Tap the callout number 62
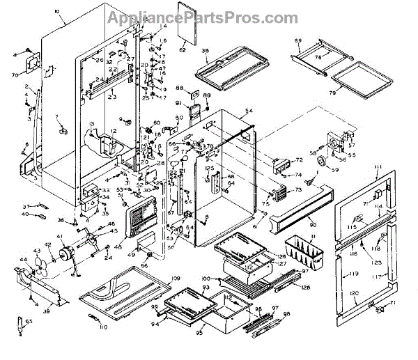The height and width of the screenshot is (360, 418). [x=183, y=49]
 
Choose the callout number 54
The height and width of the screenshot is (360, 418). [x=249, y=111]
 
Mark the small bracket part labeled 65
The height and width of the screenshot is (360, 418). [x=20, y=324]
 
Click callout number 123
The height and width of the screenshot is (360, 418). [x=377, y=263]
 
